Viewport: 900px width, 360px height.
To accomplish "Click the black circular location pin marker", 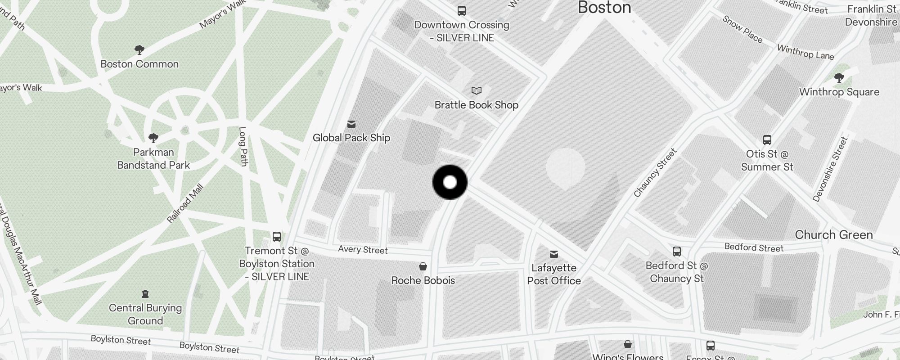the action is point(450,182).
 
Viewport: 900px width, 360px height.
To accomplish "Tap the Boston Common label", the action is point(139,64).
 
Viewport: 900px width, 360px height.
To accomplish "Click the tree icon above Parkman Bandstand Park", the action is point(153,138).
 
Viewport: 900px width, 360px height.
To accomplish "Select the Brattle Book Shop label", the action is point(476,105).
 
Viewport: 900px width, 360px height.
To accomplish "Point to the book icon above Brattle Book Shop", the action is point(476,91).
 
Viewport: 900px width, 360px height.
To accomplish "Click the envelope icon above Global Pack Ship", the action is point(351,124).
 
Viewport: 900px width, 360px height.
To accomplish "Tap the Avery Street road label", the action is point(363,250).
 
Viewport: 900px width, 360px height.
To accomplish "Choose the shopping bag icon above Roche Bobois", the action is point(423,266).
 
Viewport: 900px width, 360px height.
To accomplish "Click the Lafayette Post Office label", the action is point(554,274).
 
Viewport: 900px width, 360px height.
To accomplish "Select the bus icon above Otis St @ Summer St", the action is point(767,140).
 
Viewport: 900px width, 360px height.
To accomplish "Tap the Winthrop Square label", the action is point(839,92).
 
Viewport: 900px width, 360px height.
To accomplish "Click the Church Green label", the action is point(833,234).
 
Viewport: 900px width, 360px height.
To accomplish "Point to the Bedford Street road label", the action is point(754,247).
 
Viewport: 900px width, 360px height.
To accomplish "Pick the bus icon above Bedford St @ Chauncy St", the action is point(676,252).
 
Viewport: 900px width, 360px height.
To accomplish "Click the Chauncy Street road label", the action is point(655,173).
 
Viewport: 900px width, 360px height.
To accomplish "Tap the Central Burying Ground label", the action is point(145,314).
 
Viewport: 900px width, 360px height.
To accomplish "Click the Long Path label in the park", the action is point(243,146).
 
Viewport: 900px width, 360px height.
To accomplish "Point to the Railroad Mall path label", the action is point(185,203).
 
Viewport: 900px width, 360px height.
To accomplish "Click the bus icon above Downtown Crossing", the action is point(461,11).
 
